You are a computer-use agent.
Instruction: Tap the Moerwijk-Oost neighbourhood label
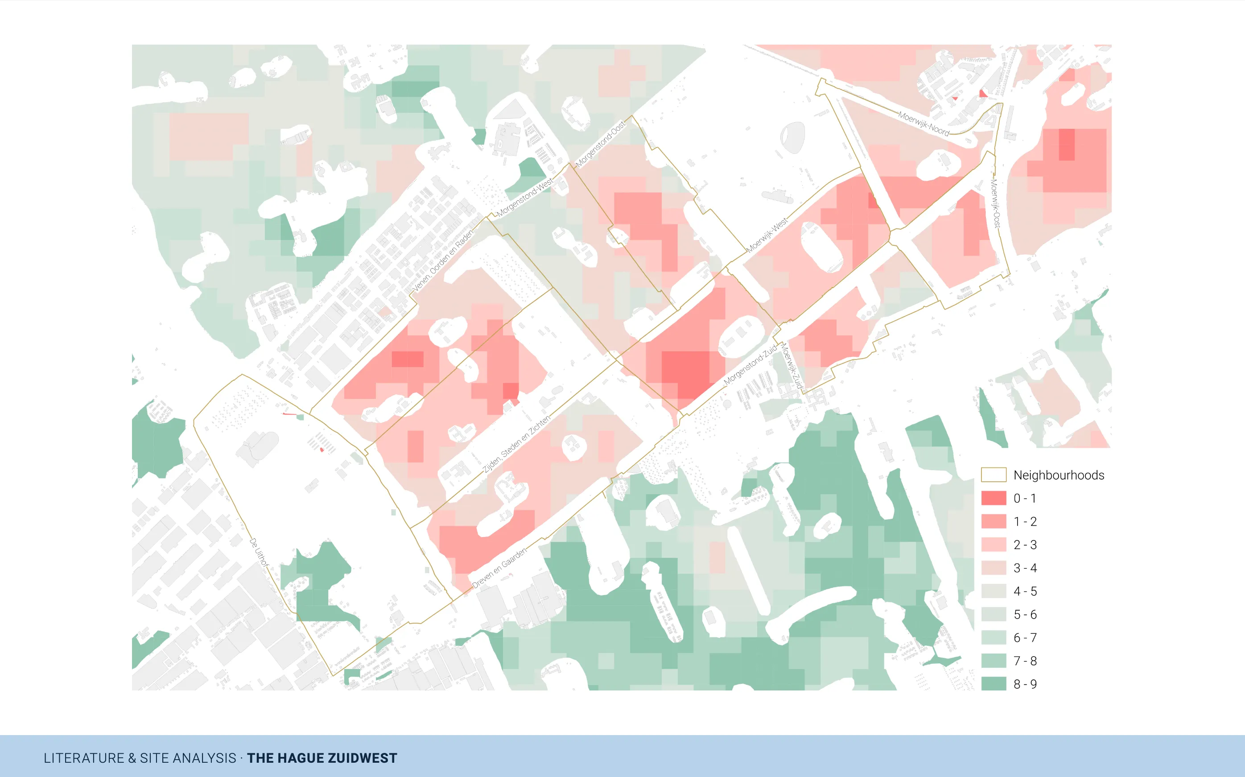click(995, 203)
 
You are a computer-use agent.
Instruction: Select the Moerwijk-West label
click(767, 236)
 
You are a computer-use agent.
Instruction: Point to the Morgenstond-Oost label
click(600, 145)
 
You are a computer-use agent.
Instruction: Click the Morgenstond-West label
click(524, 197)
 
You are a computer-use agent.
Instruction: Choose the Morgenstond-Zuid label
click(750, 365)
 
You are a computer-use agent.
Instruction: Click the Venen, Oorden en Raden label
click(443, 261)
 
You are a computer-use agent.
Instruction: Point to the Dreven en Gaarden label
click(499, 568)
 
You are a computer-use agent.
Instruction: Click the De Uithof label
click(259, 552)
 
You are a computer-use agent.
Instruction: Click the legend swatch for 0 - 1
click(994, 498)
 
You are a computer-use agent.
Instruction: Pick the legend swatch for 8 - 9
click(994, 683)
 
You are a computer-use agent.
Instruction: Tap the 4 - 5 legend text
click(1025, 591)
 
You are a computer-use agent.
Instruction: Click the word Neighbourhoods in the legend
click(1059, 475)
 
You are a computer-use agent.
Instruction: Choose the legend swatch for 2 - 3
click(994, 544)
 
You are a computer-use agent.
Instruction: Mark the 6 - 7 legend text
click(1025, 638)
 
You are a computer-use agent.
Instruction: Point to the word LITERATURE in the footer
click(84, 758)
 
